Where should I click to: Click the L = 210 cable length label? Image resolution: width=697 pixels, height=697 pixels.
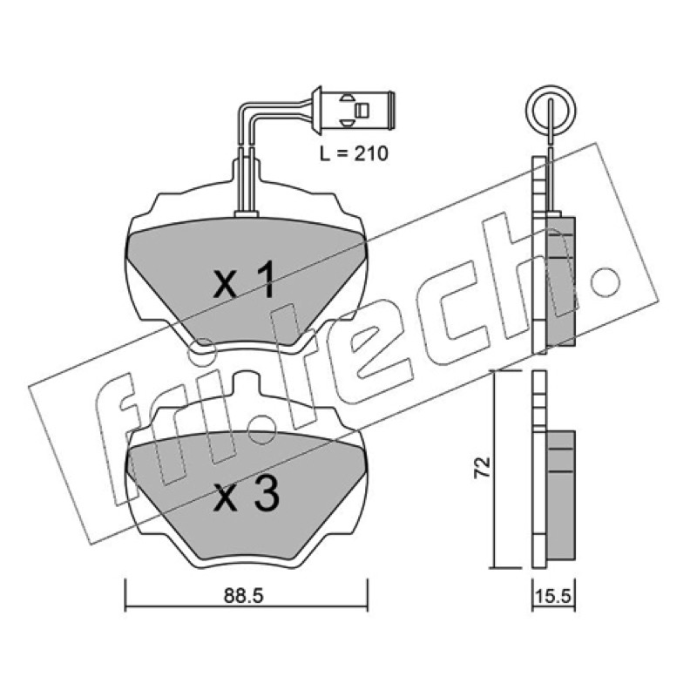point(354,154)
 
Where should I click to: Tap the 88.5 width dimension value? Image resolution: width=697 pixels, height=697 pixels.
point(243,596)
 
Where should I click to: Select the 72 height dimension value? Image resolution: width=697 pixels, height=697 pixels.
point(483,467)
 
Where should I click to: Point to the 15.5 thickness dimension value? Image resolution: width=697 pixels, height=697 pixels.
point(553,596)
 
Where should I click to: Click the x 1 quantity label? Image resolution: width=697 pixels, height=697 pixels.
point(244,279)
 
